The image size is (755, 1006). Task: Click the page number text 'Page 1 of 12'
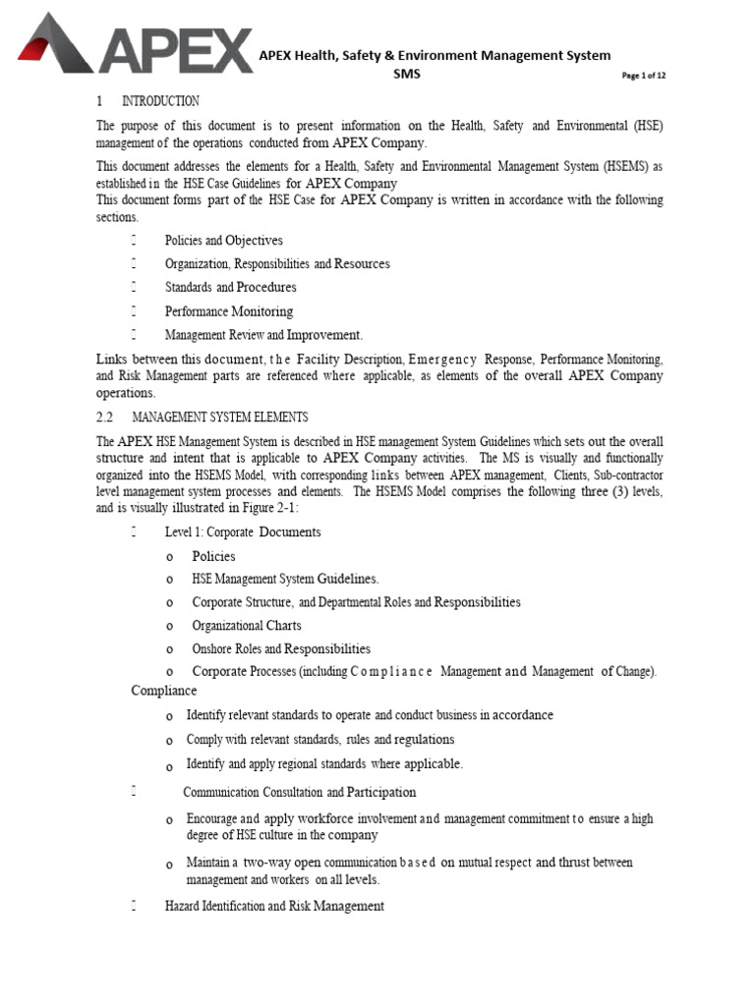[x=644, y=77]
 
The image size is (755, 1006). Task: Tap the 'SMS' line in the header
[x=406, y=75]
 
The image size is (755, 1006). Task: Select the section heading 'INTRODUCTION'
[x=160, y=101]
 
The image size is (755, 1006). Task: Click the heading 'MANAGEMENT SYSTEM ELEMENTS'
[x=220, y=417]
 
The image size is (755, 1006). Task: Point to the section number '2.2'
[x=106, y=417]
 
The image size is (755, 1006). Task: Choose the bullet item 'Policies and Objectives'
[x=223, y=241]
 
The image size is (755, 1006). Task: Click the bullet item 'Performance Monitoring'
[x=228, y=311]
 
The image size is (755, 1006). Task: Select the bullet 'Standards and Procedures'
[x=230, y=288]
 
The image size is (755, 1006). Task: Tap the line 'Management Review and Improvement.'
[x=263, y=335]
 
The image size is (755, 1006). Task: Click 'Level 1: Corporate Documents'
[x=243, y=532]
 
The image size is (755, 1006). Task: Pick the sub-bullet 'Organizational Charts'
[x=247, y=626]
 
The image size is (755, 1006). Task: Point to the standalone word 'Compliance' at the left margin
[x=164, y=691]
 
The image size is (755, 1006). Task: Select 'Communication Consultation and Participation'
[x=300, y=792]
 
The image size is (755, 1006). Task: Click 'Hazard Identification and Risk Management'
[x=274, y=906]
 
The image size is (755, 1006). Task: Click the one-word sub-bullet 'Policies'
[x=213, y=556]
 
